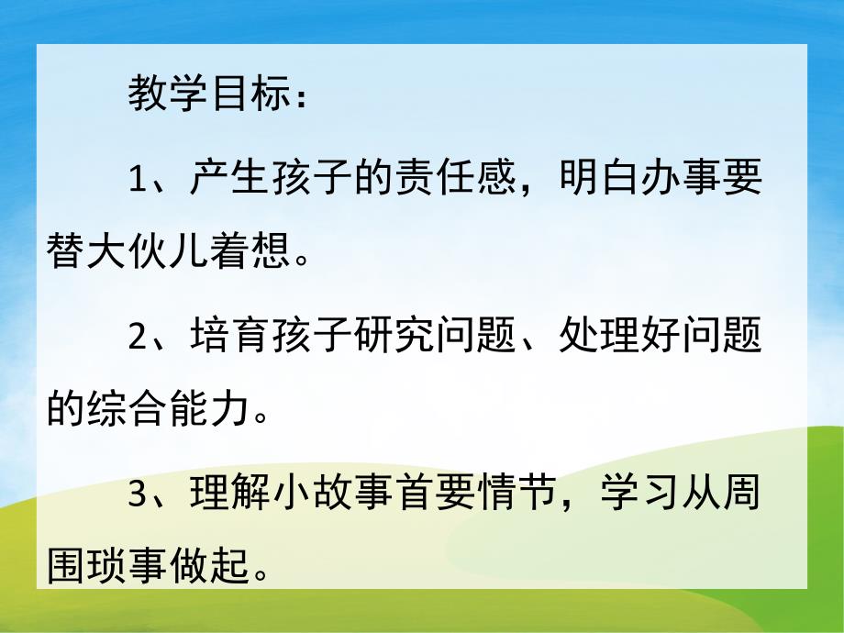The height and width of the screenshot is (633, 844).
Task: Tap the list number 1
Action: pos(138,179)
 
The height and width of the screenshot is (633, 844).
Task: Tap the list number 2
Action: pos(138,339)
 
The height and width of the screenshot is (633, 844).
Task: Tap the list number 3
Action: pos(138,499)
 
